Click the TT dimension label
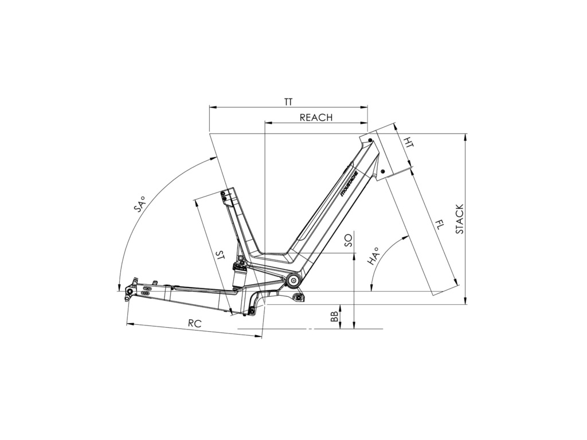[288, 102]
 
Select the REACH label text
[316, 117]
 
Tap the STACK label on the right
[459, 219]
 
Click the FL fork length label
[439, 225]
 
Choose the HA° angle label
[373, 256]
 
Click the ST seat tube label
[221, 256]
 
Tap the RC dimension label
[195, 324]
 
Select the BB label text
[334, 316]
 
